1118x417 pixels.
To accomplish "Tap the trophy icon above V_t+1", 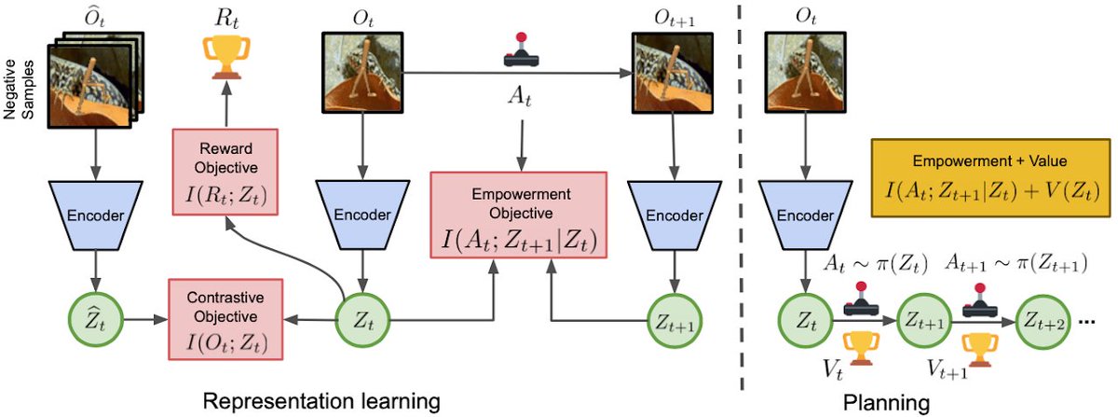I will [978, 348].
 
